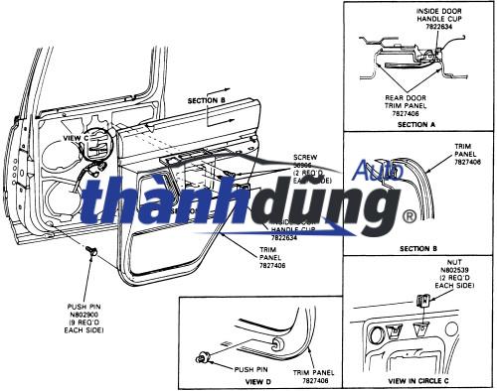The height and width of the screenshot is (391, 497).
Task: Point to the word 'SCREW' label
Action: point(305,157)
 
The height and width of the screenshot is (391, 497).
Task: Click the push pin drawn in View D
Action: point(205,354)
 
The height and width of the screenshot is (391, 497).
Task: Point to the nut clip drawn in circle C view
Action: point(424,299)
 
